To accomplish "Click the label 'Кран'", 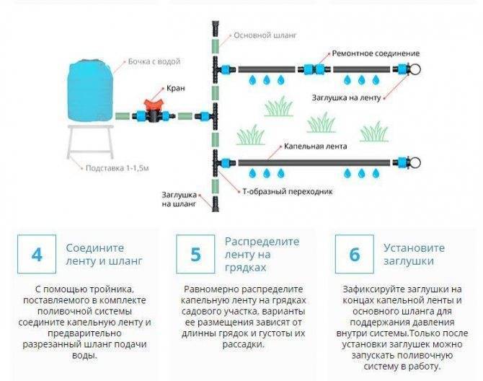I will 174,88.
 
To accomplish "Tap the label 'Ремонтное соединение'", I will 375,53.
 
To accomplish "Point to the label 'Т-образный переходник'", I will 281,191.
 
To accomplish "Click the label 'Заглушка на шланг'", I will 181,198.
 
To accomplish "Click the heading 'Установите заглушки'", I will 414,254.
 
